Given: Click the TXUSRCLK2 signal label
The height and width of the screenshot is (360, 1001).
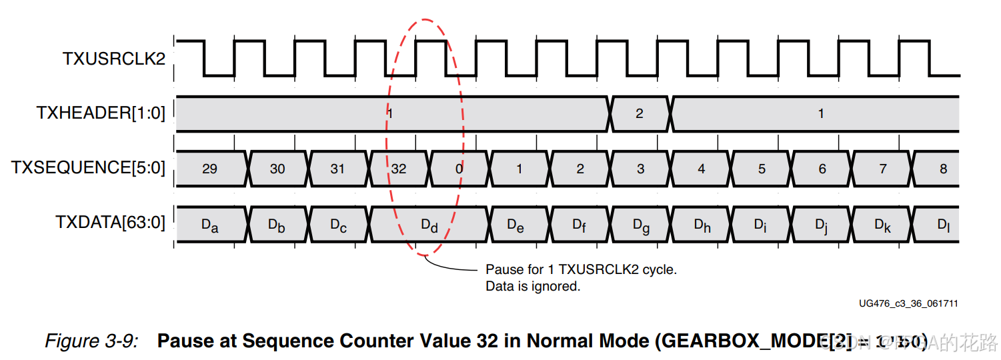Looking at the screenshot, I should click(113, 59).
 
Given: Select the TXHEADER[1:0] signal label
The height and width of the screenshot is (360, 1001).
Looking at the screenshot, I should click(100, 113).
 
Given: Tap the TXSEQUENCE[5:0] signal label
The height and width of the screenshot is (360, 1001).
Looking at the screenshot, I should click(88, 167).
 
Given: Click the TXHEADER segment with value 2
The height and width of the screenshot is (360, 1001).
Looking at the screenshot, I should click(640, 113).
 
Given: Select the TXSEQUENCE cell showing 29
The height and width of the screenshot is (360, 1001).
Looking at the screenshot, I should click(209, 169).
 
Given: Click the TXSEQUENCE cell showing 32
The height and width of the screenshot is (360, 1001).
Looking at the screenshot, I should click(399, 169).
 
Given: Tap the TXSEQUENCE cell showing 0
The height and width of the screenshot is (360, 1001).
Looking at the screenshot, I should click(459, 169).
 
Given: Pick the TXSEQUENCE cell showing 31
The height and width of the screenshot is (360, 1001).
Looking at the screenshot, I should click(338, 169).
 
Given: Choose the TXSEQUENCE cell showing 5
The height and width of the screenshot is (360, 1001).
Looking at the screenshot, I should click(762, 169).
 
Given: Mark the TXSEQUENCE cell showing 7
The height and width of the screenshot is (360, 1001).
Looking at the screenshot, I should click(883, 169).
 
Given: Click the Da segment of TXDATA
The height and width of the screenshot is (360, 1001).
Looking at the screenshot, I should click(209, 225).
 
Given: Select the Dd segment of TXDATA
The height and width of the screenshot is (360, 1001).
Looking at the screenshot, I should click(429, 225).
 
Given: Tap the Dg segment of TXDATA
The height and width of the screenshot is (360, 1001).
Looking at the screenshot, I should click(641, 225).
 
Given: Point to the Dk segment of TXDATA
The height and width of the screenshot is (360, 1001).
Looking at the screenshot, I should click(883, 225).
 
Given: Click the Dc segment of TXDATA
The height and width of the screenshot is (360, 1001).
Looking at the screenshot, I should click(338, 225).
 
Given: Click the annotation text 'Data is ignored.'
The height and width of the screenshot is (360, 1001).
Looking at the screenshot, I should click(533, 287).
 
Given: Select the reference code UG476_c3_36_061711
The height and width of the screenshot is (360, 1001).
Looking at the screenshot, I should click(908, 303).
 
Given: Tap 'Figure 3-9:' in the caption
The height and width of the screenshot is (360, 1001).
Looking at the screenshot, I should click(91, 341).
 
